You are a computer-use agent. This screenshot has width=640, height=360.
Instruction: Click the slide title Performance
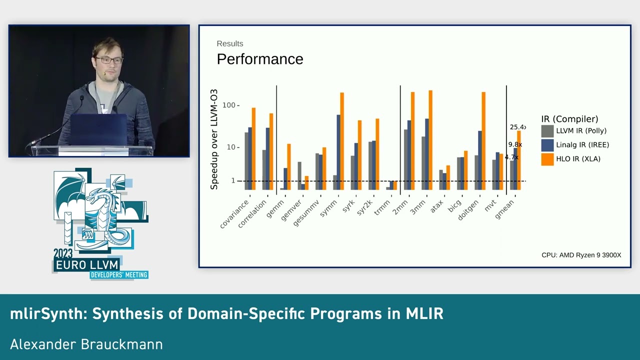pyautogui.click(x=259, y=59)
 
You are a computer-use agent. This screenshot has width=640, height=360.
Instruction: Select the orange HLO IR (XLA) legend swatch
pyautogui.click(x=547, y=159)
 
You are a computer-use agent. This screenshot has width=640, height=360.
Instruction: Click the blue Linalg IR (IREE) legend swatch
pyautogui.click(x=547, y=145)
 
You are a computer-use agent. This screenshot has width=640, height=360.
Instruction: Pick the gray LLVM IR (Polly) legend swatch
pyautogui.click(x=547, y=131)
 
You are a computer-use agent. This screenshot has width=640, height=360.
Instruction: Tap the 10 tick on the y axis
pyautogui.click(x=231, y=147)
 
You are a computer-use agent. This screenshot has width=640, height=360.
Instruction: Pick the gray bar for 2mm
pyautogui.click(x=406, y=159)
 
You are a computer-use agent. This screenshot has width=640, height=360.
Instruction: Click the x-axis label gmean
pyautogui.click(x=504, y=209)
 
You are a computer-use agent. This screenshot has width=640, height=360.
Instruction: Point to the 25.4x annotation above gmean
pyautogui.click(x=517, y=127)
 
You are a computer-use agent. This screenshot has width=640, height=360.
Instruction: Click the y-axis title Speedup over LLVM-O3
pyautogui.click(x=214, y=139)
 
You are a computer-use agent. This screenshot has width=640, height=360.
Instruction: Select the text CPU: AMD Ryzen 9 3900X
pyautogui.click(x=581, y=255)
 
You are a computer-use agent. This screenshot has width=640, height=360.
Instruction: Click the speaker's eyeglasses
pyautogui.click(x=108, y=60)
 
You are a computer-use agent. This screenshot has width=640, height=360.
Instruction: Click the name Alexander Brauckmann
pyautogui.click(x=86, y=344)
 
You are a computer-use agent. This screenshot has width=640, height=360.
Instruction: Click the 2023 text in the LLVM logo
pyautogui.click(x=63, y=253)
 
